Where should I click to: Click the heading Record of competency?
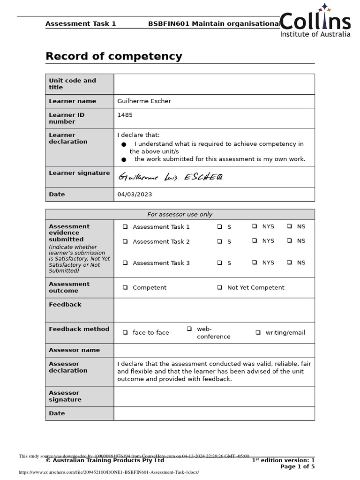pos(113,57)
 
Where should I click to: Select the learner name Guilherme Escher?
pos(144,101)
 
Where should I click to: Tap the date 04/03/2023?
pos(135,195)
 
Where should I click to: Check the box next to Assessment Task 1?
pos(126,226)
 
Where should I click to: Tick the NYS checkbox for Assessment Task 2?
pos(255,240)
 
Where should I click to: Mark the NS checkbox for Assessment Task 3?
pos(290,262)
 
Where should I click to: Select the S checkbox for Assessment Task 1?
pos(219,226)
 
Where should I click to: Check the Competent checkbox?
pos(126,287)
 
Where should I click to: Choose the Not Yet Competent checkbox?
pos(219,287)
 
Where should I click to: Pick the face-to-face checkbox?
pos(126,332)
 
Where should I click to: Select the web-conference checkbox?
pos(189,329)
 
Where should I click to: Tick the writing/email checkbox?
pos(258,332)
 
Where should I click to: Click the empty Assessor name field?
pos(214,350)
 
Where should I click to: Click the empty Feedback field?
pos(214,310)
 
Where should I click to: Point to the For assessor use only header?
pos(180,215)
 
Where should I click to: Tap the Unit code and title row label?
pos(73,84)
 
